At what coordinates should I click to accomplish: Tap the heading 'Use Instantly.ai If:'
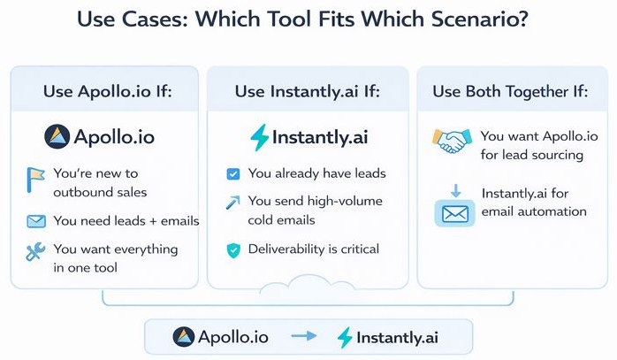click(307, 91)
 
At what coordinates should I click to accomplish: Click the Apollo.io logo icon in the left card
click(57, 137)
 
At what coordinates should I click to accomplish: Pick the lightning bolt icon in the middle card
click(259, 138)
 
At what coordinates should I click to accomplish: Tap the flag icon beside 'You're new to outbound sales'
click(35, 182)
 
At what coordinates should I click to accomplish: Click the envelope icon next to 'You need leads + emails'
click(36, 221)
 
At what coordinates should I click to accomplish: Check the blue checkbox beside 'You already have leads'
click(233, 174)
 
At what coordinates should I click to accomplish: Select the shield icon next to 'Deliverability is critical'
click(233, 250)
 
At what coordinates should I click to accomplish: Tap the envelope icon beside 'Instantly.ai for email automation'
click(454, 213)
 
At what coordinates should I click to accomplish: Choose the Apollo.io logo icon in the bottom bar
click(185, 336)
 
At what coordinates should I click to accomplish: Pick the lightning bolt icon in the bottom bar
click(346, 337)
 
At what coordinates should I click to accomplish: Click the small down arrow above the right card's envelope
click(454, 188)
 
